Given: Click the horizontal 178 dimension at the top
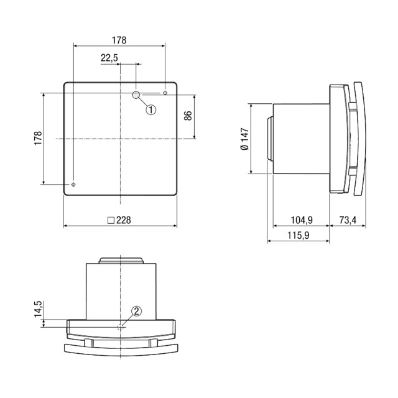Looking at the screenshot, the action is coord(119,40).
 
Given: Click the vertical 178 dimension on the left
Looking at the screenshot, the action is coord(38,138).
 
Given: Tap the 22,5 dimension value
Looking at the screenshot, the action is coord(109,58).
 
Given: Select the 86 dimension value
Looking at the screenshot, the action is coord(188,116).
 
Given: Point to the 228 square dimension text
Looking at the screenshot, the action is coord(124,220).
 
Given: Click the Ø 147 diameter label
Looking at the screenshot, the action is coord(245,139).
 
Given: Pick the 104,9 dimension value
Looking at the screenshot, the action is coord(302,220).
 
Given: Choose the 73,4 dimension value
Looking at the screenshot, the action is coord(348,220).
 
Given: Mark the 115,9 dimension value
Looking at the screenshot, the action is coord(298,235).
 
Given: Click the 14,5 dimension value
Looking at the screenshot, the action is coord(38,309).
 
